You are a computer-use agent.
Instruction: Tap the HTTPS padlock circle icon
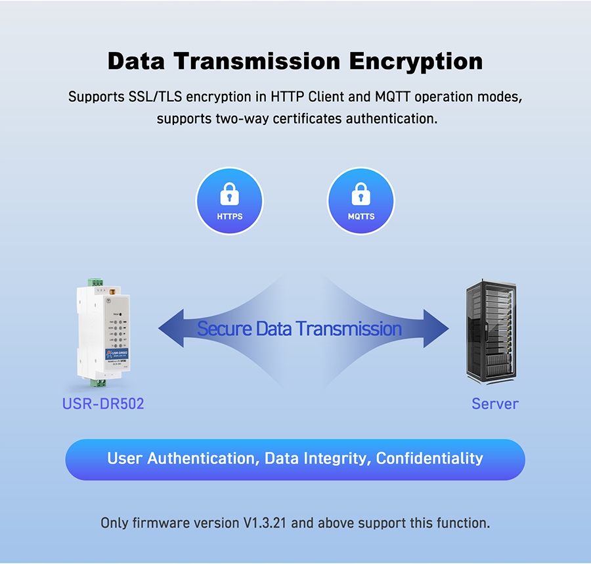tap(230, 200)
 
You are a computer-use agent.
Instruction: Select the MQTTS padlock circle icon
tap(361, 200)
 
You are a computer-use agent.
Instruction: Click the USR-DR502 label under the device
tap(103, 404)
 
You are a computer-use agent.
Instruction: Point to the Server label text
tap(495, 404)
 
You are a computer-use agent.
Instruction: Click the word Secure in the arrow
tap(225, 328)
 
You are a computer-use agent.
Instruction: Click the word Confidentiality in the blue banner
tap(429, 458)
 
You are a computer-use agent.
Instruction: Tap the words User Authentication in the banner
tap(181, 458)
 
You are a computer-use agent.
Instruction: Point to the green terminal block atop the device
tap(97, 282)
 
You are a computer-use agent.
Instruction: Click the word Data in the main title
tap(137, 61)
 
